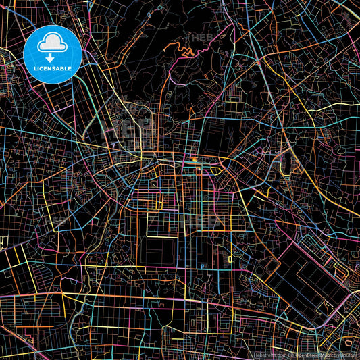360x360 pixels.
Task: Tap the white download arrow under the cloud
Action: pyautogui.click(x=51, y=58)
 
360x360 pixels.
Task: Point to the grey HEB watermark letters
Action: pyautogui.click(x=203, y=38)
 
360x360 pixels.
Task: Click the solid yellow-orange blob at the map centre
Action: pyautogui.click(x=195, y=160)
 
